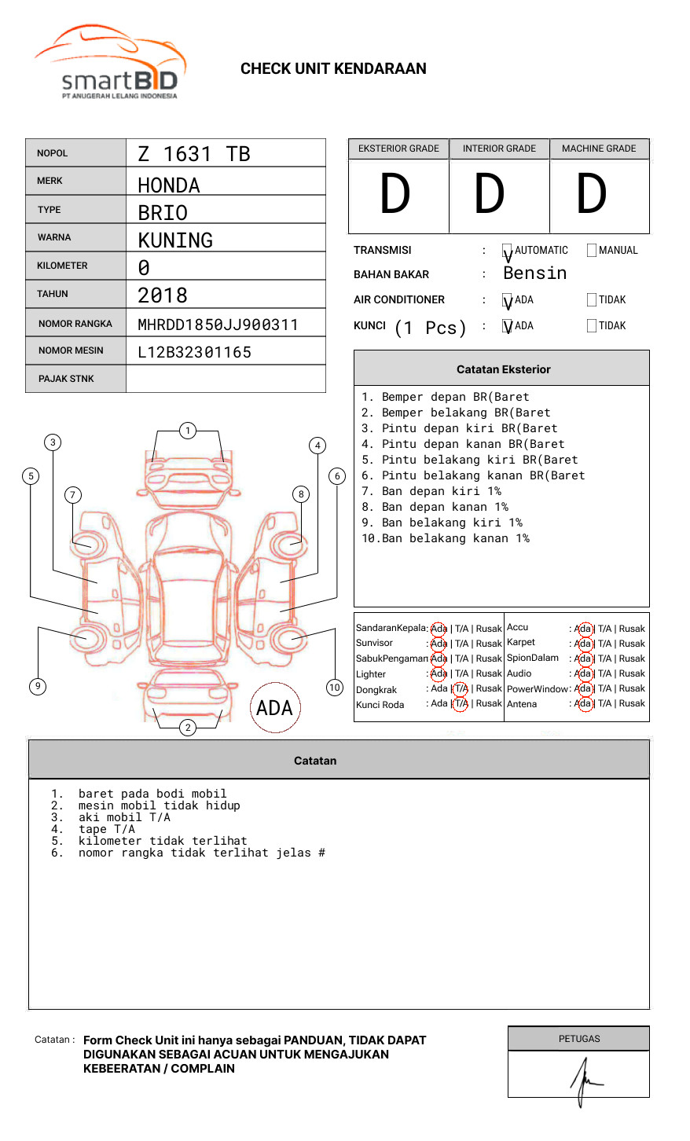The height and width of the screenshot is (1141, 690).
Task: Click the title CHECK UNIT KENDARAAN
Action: click(333, 69)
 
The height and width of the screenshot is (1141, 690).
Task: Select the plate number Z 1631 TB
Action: click(193, 154)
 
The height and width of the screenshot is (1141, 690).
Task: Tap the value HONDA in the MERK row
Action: click(169, 185)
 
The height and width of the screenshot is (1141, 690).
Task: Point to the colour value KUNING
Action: click(175, 240)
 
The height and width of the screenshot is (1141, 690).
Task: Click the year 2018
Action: click(163, 295)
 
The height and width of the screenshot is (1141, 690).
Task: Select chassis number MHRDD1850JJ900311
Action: click(218, 325)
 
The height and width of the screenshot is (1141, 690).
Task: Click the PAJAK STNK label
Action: click(66, 379)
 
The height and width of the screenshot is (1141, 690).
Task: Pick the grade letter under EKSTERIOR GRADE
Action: click(395, 195)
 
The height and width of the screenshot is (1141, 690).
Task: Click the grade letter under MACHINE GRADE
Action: click(592, 195)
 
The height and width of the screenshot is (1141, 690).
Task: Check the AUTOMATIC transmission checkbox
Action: click(508, 251)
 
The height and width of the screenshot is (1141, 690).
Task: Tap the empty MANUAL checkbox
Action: click(592, 251)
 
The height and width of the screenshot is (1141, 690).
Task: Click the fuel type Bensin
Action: click(534, 273)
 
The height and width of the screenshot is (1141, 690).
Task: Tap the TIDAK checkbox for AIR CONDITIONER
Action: click(592, 299)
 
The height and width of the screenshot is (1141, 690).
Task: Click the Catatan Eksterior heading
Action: click(503, 369)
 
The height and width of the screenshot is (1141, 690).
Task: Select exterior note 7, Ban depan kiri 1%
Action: click(431, 491)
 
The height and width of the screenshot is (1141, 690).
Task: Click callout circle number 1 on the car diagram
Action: click(187, 430)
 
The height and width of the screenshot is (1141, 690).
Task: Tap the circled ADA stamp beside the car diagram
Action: click(275, 708)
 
